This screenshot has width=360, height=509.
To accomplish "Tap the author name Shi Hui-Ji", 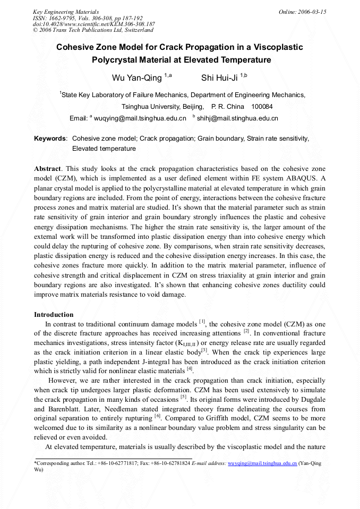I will pos(219,78).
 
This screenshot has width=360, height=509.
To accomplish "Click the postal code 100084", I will pos(262,107).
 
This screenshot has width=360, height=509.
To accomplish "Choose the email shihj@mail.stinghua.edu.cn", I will pos(237,118).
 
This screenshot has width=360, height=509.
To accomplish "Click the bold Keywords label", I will pos(50,139).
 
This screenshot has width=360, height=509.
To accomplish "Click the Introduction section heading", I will pos(54,315).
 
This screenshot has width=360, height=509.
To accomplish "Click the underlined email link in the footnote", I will pos(262,463).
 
